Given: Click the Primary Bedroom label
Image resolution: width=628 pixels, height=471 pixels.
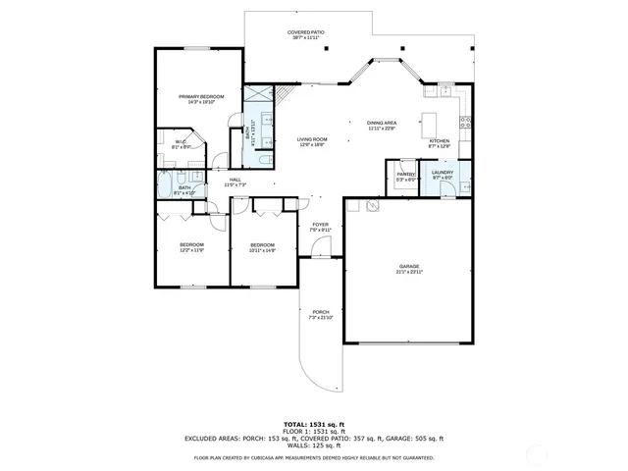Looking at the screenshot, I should [x=201, y=97].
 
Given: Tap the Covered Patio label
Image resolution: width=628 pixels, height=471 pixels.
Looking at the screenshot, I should [x=306, y=34].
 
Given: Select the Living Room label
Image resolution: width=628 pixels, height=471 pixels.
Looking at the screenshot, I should [x=312, y=140].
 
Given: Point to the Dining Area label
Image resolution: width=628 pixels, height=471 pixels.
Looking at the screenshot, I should [x=381, y=123].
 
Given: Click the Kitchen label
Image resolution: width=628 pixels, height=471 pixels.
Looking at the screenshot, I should [x=440, y=141].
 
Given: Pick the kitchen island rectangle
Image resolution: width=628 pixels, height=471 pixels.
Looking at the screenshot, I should [x=429, y=125].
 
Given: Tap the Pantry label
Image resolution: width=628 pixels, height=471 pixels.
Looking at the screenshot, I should [x=406, y=175].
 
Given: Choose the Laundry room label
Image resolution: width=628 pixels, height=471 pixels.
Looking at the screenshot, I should [x=443, y=173].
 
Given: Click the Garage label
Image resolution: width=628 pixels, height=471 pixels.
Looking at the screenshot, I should [x=409, y=267].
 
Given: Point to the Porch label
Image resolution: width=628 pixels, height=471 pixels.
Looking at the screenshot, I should [x=321, y=313].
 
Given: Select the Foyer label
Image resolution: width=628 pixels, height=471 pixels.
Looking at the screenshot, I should [x=321, y=225].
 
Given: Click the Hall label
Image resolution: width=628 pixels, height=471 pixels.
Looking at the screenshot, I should [x=235, y=180].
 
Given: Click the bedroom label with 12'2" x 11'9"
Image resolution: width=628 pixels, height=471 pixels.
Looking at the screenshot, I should [x=191, y=245].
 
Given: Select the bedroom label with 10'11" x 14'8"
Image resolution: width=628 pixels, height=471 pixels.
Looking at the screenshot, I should [x=262, y=245].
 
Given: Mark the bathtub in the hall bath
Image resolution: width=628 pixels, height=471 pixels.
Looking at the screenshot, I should [x=163, y=183].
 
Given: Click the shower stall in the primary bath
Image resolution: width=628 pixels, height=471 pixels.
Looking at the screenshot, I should [x=258, y=95].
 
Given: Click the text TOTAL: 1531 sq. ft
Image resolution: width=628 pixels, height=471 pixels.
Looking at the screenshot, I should [x=314, y=423].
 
